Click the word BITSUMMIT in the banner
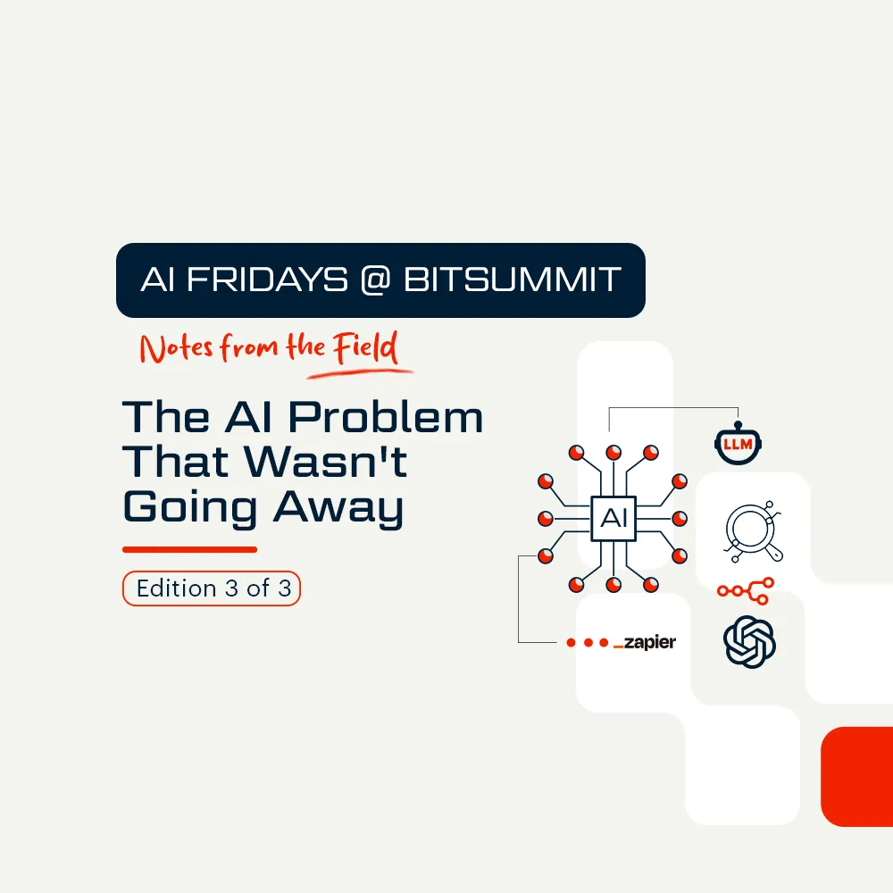512,280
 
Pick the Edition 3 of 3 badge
212,589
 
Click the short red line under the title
189,549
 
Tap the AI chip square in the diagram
613,518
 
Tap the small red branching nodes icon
746,588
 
